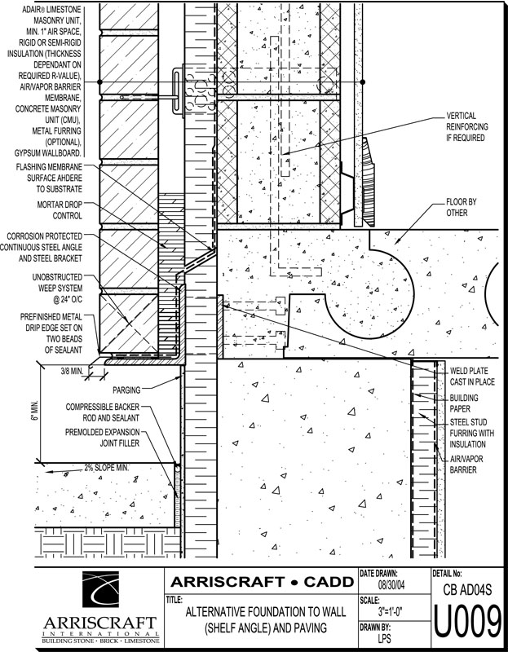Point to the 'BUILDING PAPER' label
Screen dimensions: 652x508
(x=466, y=403)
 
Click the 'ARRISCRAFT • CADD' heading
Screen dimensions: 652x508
(x=259, y=581)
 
